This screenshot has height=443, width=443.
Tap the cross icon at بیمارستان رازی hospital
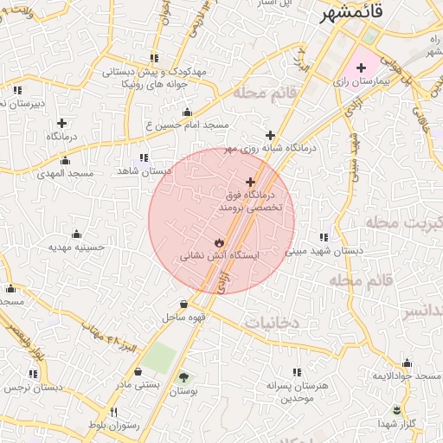pos(361,67)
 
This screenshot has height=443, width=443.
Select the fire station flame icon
pos(218,242)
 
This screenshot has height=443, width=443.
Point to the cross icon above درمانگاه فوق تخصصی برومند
pos(251,183)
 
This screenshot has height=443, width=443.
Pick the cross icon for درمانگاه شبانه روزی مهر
pos(271,135)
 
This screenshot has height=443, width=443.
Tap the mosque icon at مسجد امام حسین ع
pos(187,112)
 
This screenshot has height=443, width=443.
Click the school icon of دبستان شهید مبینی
pos(324,237)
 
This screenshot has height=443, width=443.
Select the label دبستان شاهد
pos(144,171)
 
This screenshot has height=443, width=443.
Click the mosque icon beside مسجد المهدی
pos(64,160)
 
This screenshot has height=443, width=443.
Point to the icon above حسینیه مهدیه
pos(76,234)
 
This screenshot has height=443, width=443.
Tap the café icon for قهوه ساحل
pos(184,304)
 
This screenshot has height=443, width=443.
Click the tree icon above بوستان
pos(183,376)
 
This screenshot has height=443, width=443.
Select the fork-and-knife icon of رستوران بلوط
pos(113,412)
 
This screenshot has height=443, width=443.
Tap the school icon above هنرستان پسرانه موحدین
pos(298,371)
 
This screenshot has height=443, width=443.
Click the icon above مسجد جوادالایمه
pos(408,363)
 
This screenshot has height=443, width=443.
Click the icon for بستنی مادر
pos(138,371)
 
